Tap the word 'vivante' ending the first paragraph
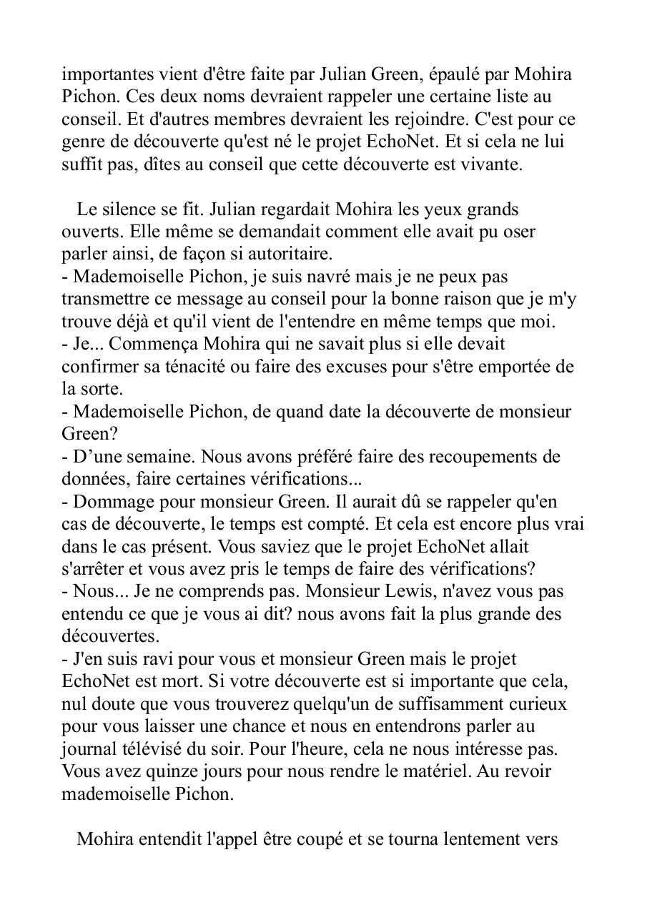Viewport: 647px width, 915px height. (x=494, y=164)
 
